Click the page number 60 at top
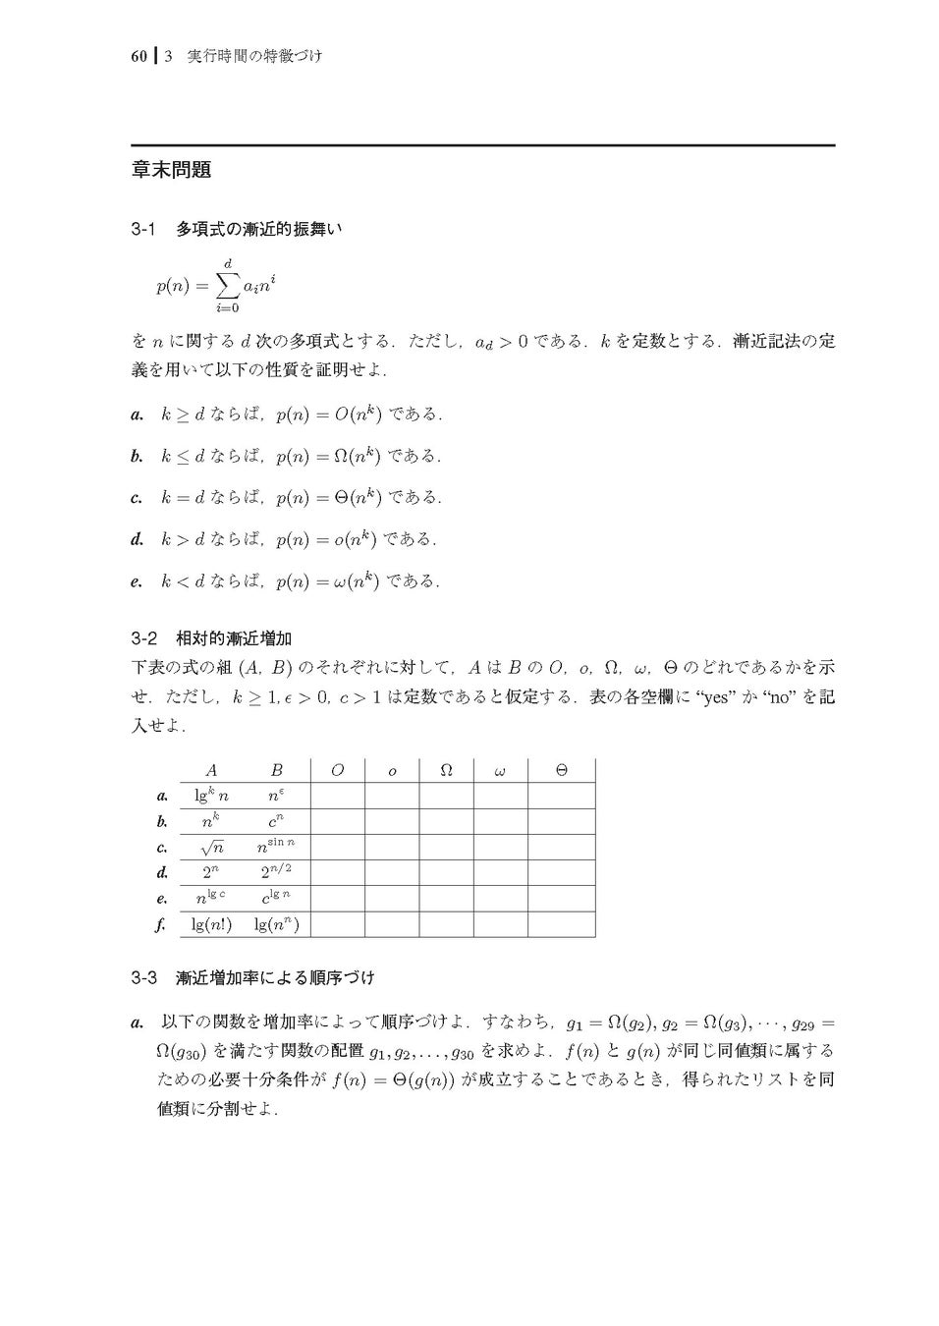point(138,56)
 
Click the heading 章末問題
point(171,170)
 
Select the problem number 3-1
point(143,229)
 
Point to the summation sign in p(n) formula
point(227,286)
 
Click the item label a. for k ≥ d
point(138,415)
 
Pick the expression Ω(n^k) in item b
point(352,456)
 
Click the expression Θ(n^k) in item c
point(352,498)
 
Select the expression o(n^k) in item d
point(349,539)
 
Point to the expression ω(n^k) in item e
point(351,580)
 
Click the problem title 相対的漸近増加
point(233,638)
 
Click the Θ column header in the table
point(561,771)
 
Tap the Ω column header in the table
point(445,771)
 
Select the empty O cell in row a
point(337,796)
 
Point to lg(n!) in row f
point(211,924)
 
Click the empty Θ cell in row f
point(561,924)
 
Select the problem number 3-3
point(143,978)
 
